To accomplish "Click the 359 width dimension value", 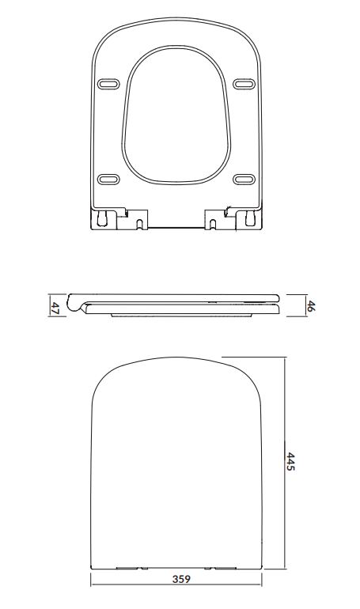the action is coord(181,579).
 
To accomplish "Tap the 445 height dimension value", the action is coord(290,461).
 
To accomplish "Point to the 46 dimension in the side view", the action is coord(310,305).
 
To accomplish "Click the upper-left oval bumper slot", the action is coord(108,84).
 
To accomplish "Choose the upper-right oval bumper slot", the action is coord(244,84).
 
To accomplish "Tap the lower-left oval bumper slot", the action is coord(108,179).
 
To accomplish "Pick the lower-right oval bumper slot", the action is coord(244,179).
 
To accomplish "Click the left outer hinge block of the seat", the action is coord(104,219).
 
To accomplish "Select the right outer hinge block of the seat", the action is coord(249,219).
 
